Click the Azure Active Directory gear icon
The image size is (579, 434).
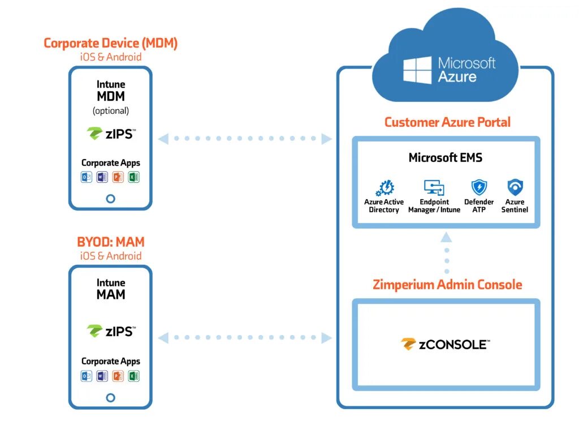click(384, 188)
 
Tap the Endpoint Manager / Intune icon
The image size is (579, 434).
click(434, 187)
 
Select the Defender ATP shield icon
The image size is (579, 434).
click(479, 187)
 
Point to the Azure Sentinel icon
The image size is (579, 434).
click(515, 187)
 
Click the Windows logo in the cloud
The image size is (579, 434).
click(417, 70)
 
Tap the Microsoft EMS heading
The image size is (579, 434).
click(446, 158)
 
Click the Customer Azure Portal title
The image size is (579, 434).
click(447, 122)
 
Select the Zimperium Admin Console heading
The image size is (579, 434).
click(447, 285)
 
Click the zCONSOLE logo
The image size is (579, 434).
click(446, 344)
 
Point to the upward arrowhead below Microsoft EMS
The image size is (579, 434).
click(447, 237)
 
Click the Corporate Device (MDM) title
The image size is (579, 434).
click(110, 43)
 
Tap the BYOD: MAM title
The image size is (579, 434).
click(110, 242)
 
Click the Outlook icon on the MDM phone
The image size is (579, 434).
click(87, 177)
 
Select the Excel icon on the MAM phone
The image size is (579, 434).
click(133, 376)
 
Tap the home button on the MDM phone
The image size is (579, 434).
click(110, 199)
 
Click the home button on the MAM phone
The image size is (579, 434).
click(110, 398)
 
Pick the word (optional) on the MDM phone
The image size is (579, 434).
click(111, 111)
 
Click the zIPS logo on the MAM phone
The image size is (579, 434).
click(111, 331)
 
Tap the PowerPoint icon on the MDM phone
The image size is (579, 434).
click(118, 177)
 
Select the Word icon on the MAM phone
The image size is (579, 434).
click(102, 376)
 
